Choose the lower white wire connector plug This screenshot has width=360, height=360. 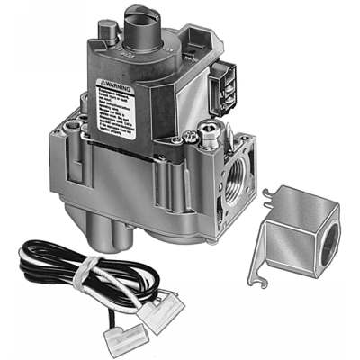[125, 337]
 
